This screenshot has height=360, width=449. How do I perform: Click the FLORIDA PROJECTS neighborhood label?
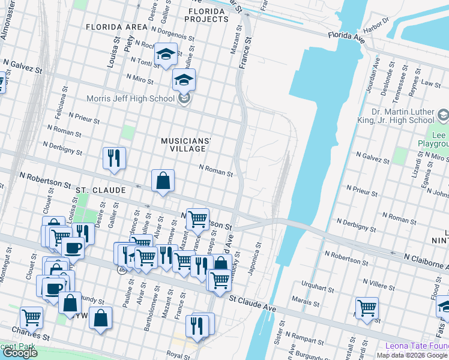coord(208,15)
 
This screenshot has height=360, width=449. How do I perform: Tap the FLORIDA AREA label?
coord(116,27)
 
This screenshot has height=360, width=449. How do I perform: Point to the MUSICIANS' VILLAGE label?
coord(186,144)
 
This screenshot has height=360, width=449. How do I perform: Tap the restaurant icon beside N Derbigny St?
coord(113,158)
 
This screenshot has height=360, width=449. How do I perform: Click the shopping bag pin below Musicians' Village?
coord(163,180)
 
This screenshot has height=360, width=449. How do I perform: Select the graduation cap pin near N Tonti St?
coord(165,55)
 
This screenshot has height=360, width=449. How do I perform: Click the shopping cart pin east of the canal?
coord(366,308)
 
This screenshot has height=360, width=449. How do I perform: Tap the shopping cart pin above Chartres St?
coord(31,317)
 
